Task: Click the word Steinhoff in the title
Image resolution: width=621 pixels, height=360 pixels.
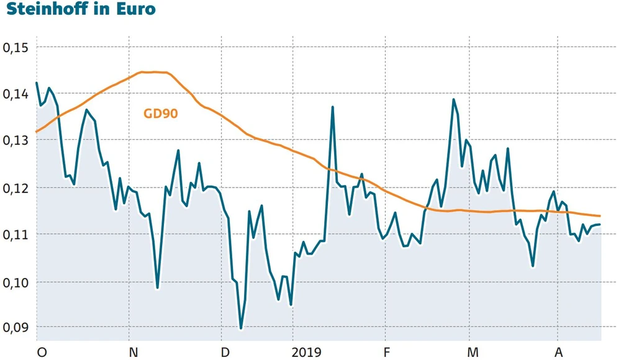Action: click(x=50, y=10)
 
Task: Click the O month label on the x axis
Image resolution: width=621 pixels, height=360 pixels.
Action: click(x=42, y=353)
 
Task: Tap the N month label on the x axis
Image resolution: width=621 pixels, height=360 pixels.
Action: click(x=133, y=353)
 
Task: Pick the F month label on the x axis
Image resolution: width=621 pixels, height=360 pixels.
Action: click(x=386, y=353)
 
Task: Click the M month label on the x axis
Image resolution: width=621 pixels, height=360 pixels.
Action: click(x=473, y=353)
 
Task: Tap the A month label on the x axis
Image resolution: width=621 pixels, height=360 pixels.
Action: click(x=559, y=353)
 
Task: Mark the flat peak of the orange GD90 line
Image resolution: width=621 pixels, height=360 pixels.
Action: click(x=153, y=72)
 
